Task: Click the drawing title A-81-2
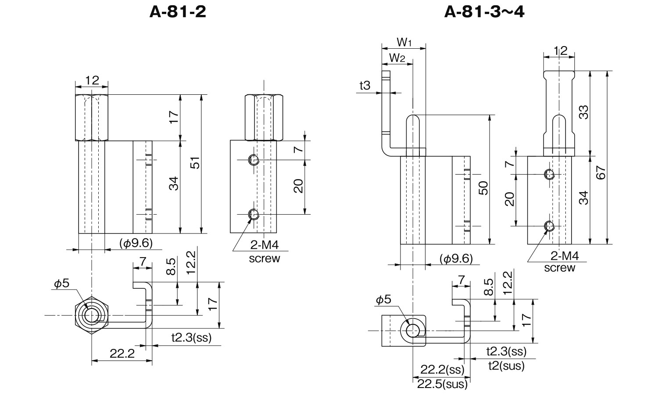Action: pos(178,11)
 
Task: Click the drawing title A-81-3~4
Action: pos(484,11)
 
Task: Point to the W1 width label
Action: pos(404,43)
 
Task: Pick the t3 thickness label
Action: pos(365,86)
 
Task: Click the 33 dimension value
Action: pos(583,113)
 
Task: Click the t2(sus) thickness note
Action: pos(505,365)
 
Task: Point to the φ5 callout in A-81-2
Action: pos(62,284)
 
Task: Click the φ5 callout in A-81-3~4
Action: pos(383,300)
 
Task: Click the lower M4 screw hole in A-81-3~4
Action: pos(549,226)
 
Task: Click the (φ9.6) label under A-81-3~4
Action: pos(456,259)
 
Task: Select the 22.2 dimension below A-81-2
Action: pos(122,354)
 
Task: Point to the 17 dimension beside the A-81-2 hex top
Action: pos(174,117)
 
